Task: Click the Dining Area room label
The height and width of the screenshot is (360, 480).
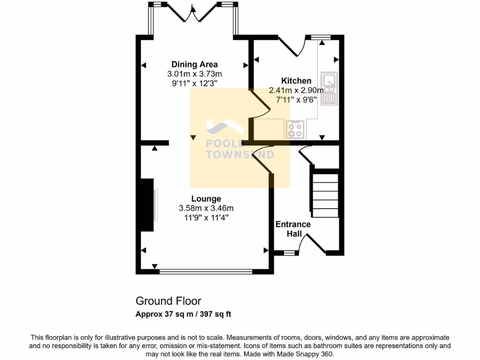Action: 194,64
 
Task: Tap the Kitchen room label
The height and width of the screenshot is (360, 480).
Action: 296,81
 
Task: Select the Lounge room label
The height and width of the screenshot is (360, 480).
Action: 206,198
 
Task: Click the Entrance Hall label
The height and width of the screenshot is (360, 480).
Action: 293,229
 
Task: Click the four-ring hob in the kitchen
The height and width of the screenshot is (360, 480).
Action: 295,129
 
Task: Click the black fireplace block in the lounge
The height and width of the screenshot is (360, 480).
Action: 147,204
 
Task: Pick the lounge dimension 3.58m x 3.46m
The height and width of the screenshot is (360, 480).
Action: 206,208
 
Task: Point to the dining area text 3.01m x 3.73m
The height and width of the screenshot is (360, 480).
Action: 194,74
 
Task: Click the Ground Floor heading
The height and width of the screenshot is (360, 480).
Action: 168,300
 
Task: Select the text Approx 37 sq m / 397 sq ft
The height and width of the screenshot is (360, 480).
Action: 183,314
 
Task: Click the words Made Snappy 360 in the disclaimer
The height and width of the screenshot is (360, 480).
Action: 309,354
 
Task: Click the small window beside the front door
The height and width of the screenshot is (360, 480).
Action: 291,253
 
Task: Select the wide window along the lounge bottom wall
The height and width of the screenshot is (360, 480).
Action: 206,271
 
